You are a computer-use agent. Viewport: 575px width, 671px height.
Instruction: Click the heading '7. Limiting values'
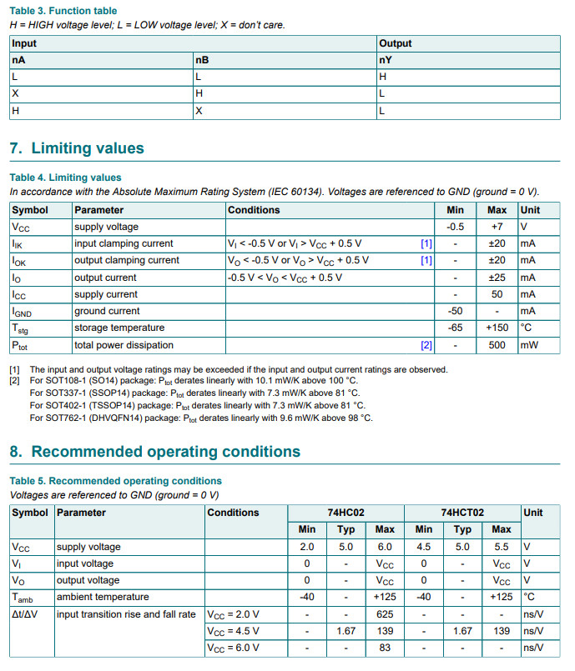[76, 148]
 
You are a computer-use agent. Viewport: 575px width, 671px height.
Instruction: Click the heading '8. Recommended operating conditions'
[154, 452]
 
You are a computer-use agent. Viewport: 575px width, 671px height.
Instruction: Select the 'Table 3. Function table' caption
[63, 11]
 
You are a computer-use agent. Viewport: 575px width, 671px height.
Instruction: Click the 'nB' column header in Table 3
[202, 60]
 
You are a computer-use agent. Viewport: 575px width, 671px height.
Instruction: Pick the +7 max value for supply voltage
[497, 227]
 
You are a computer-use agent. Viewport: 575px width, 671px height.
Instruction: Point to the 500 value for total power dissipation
[497, 345]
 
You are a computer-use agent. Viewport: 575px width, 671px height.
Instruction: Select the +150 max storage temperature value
[497, 328]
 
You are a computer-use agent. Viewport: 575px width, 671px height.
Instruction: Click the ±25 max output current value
[497, 278]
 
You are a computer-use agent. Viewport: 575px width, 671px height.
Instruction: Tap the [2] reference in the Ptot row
[426, 345]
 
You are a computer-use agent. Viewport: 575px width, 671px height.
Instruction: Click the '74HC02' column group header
[346, 513]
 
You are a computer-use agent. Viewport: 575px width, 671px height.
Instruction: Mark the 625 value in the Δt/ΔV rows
[385, 614]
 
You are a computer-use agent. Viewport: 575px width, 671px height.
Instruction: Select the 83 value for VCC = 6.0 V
[385, 648]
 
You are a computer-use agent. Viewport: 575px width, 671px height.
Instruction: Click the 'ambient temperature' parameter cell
[102, 598]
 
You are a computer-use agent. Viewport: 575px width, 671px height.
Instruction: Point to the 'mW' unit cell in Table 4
[529, 345]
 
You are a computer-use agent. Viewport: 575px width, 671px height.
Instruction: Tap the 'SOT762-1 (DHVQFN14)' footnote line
[201, 418]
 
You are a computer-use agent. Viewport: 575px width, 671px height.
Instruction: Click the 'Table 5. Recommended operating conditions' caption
[116, 481]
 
